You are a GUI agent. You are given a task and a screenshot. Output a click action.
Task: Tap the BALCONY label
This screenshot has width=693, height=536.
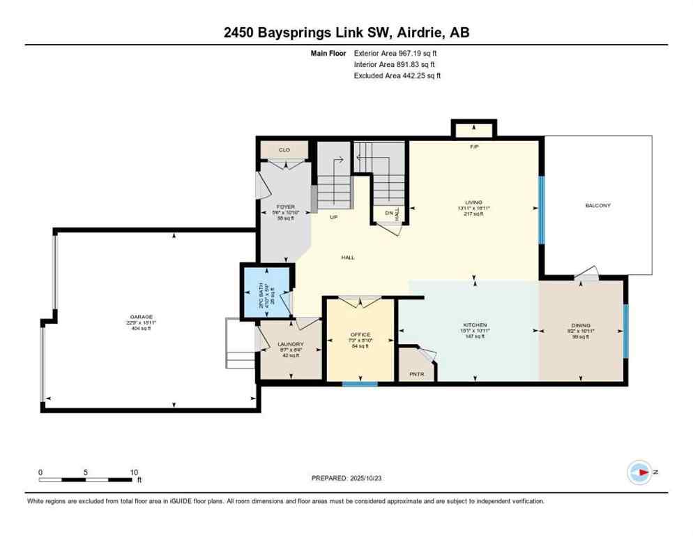pyautogui.click(x=597, y=205)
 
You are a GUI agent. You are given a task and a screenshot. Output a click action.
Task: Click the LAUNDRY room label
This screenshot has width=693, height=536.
pyautogui.click(x=290, y=344)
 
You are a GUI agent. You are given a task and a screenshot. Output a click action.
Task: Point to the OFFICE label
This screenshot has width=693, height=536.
pyautogui.click(x=360, y=334)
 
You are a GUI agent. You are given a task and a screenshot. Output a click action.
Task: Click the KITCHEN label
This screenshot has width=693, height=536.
pyautogui.click(x=475, y=325)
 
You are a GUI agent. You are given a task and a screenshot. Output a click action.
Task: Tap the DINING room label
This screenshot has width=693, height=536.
pyautogui.click(x=580, y=325)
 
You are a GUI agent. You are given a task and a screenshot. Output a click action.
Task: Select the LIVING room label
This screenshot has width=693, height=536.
pyautogui.click(x=474, y=202)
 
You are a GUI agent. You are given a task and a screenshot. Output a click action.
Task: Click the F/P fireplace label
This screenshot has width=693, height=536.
pyautogui.click(x=474, y=147)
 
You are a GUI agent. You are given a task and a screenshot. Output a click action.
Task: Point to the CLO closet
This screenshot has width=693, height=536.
pyautogui.click(x=284, y=150)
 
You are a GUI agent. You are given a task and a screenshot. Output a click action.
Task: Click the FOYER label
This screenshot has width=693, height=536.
pyautogui.click(x=285, y=207)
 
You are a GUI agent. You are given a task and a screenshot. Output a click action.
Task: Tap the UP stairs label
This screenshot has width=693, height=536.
pyautogui.click(x=334, y=217)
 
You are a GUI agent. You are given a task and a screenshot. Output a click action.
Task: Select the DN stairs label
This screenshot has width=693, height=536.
pyautogui.click(x=388, y=213)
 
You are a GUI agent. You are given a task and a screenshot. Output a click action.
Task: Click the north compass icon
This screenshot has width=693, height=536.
pyautogui.click(x=639, y=472)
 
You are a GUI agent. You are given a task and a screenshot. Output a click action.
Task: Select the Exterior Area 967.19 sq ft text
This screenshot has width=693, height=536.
pyautogui.click(x=395, y=52)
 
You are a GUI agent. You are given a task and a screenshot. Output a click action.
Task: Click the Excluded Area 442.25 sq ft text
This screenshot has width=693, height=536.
pyautogui.click(x=397, y=75)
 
